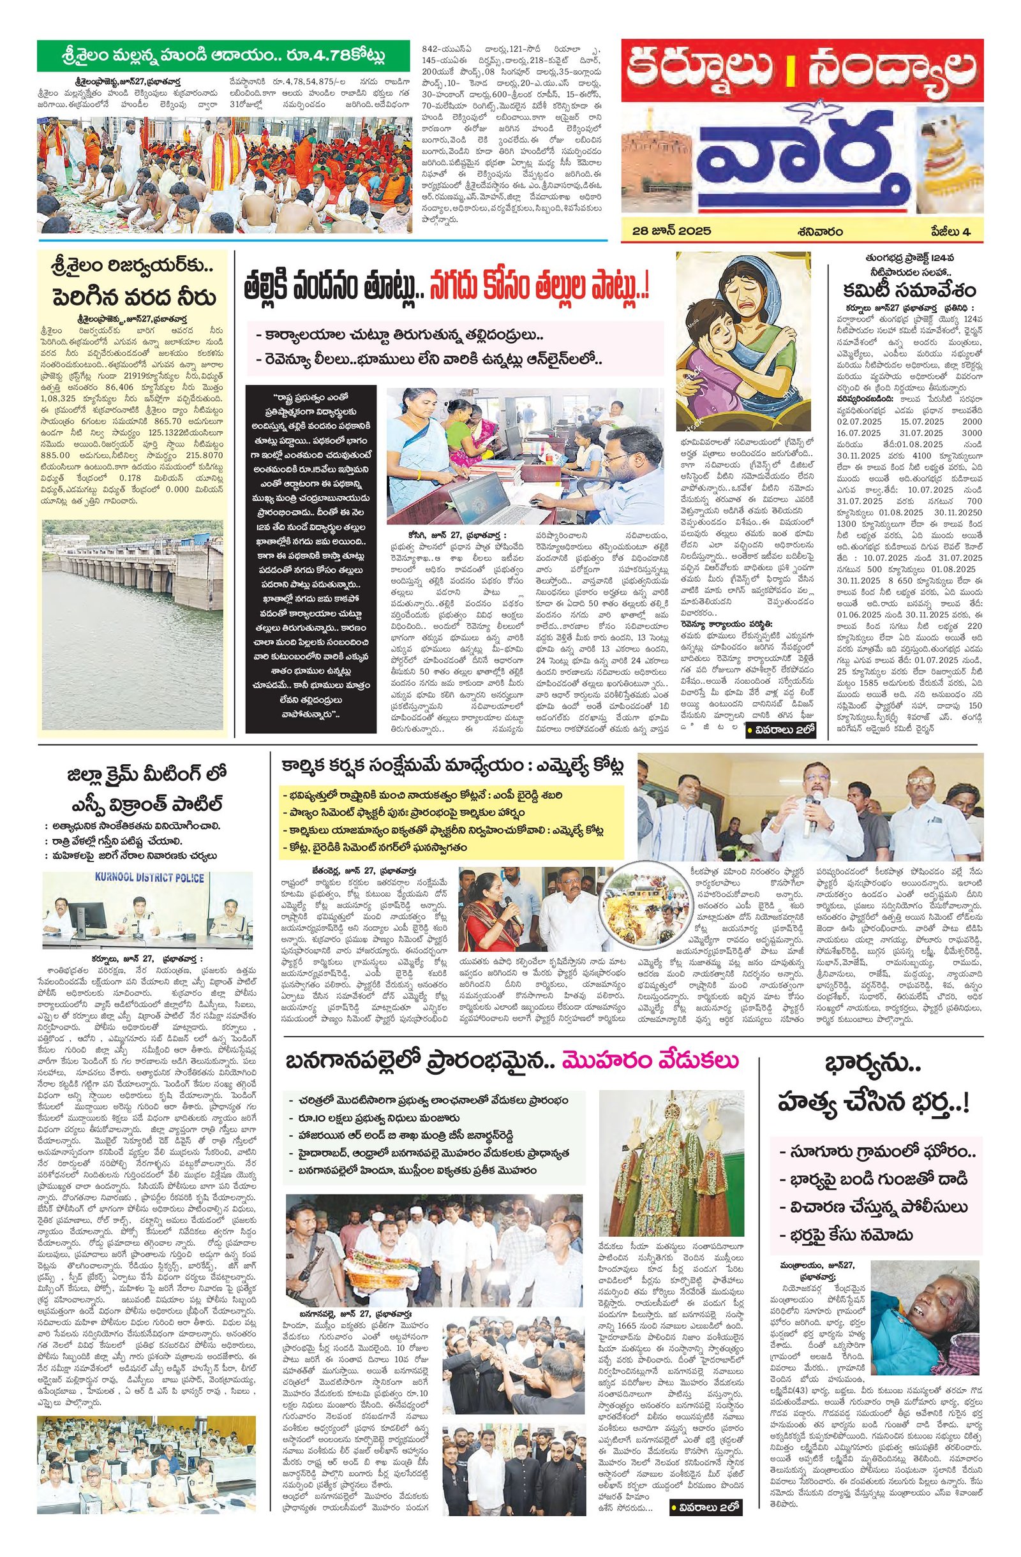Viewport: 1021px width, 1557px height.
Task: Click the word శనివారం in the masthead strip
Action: click(819, 230)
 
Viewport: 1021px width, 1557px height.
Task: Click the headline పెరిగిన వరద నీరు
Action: click(133, 298)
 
